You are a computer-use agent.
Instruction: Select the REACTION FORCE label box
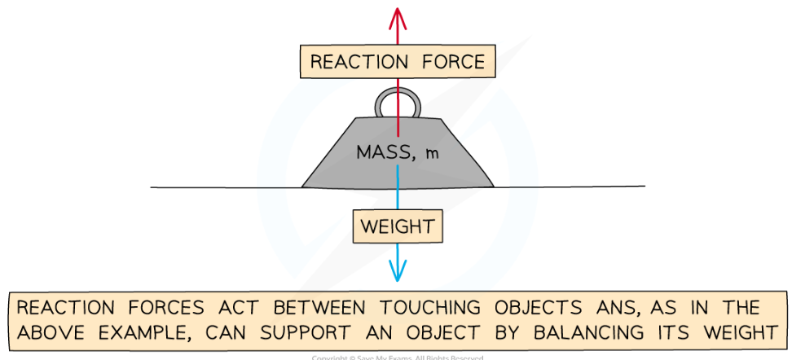pyautogui.click(x=397, y=62)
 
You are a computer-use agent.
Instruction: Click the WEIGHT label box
pyautogui.click(x=397, y=226)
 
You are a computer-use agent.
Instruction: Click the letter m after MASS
pyautogui.click(x=432, y=154)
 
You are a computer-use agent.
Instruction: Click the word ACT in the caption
pyautogui.click(x=242, y=309)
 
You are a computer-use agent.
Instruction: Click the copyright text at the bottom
pyautogui.click(x=397, y=357)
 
